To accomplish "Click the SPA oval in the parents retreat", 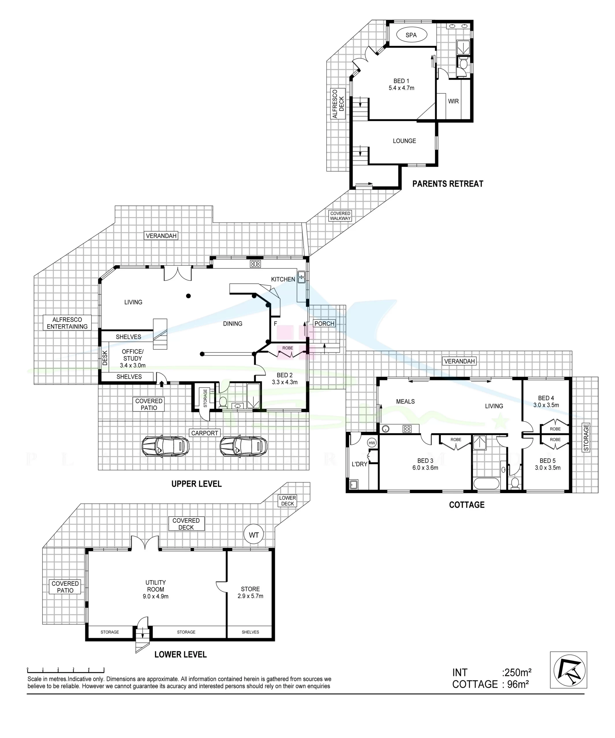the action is coord(411,35).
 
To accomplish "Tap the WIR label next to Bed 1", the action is coord(453,101).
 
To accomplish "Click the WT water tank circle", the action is coord(254,535).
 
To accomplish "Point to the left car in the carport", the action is coord(165,446).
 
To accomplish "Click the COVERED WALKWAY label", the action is coord(340,216).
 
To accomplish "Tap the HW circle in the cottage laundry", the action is coord(372,443).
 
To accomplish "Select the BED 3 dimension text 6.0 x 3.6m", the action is coord(425,468).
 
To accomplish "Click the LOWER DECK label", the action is coord(287,501).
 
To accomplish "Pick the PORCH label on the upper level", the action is coord(324,324).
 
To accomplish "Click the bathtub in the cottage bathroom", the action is coord(486,483).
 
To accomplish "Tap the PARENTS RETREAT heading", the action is coord(448,184).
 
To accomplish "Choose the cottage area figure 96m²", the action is coord(518,685).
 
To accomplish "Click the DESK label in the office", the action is coord(105,358).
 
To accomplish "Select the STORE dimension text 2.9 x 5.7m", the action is coord(250,596).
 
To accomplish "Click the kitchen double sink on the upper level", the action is coord(302,277).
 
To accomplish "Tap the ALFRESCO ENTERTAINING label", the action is coord(67,323).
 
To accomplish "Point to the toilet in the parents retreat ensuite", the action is coord(463,64).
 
